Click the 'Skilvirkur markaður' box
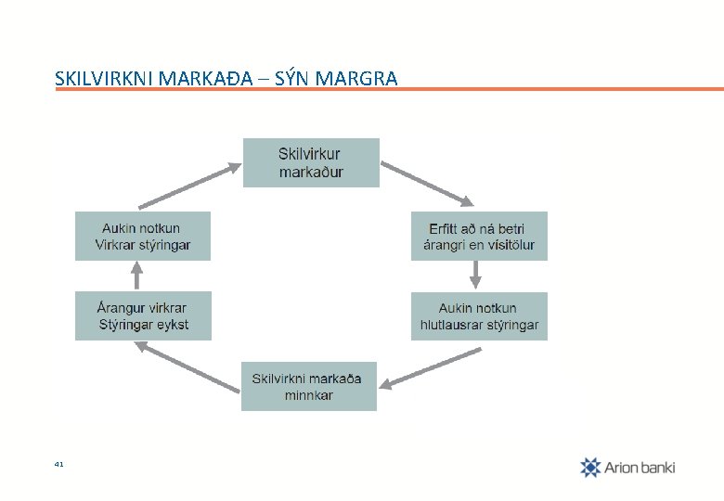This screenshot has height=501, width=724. [311, 162]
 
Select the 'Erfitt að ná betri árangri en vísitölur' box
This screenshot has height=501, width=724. [479, 237]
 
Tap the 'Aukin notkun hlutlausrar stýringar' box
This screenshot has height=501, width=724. [479, 316]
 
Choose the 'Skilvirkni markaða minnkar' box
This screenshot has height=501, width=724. [309, 386]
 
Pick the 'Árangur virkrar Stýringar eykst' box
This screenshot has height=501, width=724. [143, 316]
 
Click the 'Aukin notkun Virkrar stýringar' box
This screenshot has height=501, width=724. [143, 237]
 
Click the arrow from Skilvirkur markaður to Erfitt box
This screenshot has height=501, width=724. [428, 184]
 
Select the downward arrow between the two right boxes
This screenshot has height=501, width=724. [475, 275]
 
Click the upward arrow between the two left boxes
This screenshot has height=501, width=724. [137, 276]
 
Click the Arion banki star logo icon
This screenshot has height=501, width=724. [590, 467]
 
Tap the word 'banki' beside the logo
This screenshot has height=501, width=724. [657, 467]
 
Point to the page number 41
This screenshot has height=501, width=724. [59, 463]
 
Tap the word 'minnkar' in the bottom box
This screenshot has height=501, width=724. [309, 395]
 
